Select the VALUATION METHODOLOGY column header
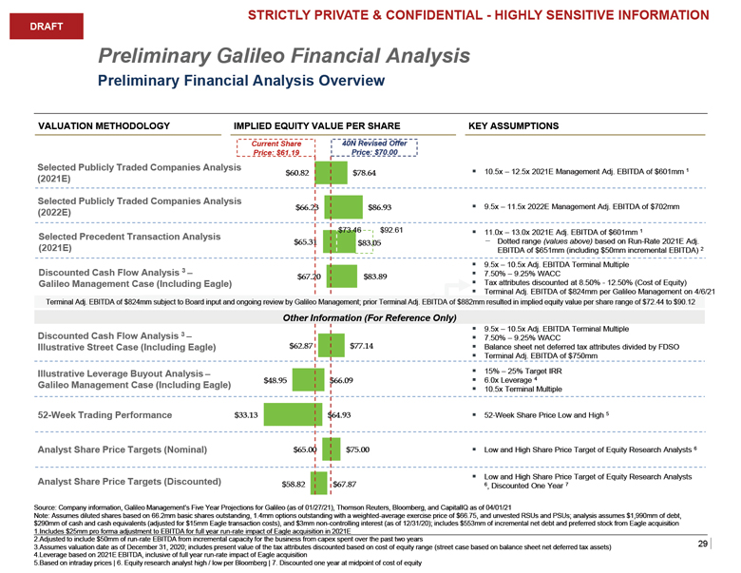[x=104, y=124]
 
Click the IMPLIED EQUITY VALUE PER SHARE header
[x=309, y=124]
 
